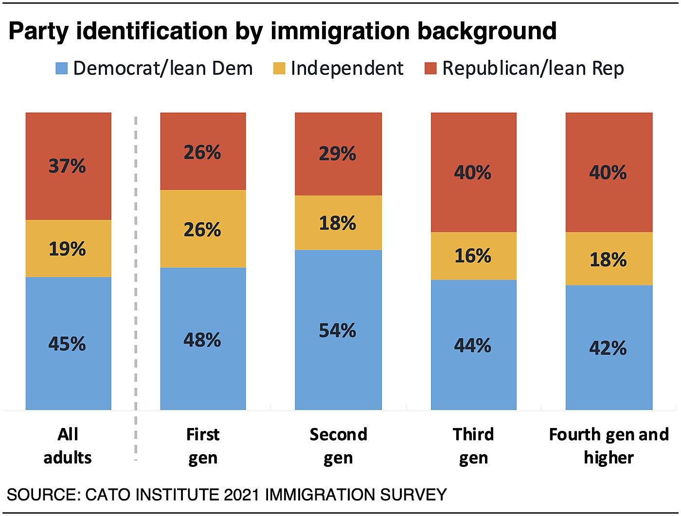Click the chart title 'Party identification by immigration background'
[282, 31]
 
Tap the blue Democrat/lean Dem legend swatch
[62, 68]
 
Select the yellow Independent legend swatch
[279, 68]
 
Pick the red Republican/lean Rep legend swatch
[430, 68]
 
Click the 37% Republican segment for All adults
[68, 166]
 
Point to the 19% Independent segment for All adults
[68, 249]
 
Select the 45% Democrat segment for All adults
[68, 343]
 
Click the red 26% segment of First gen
[203, 152]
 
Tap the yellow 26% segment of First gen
[203, 229]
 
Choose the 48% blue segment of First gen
[203, 339]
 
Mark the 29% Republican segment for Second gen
[338, 154]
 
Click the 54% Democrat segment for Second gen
[338, 330]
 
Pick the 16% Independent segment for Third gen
[473, 256]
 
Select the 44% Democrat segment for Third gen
[473, 345]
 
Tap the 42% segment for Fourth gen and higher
[609, 347]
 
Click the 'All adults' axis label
[68, 445]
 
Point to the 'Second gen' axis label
[338, 445]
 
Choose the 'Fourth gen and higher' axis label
[609, 445]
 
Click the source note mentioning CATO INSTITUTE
[227, 495]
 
